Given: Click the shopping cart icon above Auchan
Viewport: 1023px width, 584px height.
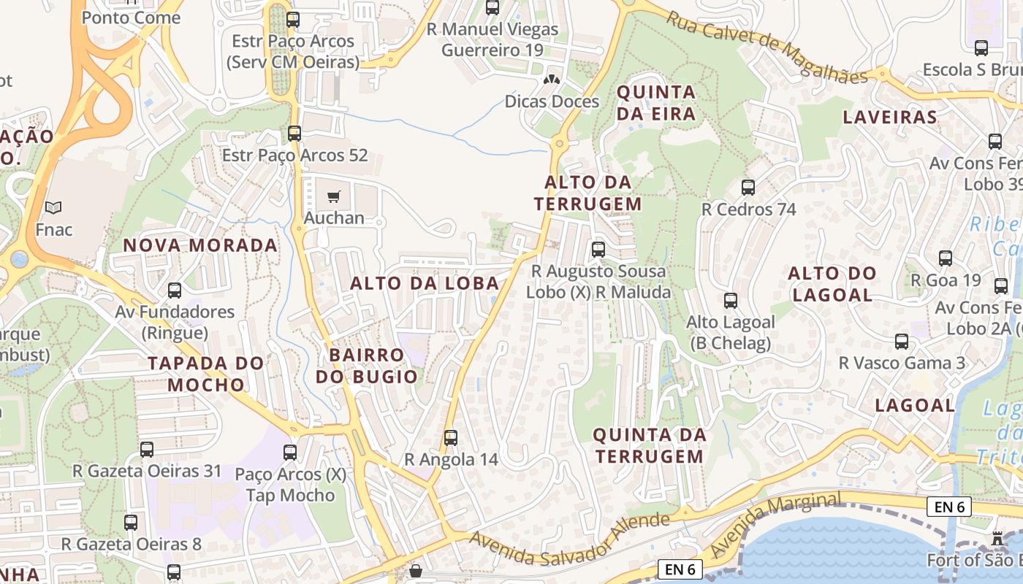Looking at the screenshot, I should [x=334, y=196].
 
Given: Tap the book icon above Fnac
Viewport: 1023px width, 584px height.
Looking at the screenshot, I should [x=53, y=207].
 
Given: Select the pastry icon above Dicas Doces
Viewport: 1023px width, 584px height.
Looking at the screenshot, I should [x=552, y=79].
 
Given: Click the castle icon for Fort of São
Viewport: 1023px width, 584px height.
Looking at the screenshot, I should [x=997, y=539].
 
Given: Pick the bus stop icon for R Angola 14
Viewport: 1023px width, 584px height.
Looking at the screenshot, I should [x=451, y=438].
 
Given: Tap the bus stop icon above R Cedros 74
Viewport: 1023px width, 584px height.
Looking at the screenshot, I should [x=748, y=188].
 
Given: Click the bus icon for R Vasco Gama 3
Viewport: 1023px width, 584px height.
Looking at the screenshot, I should [x=902, y=341].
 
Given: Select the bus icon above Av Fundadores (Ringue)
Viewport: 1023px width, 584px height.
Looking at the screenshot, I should [x=175, y=291].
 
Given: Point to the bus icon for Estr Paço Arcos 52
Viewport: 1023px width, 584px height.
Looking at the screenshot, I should [x=294, y=134].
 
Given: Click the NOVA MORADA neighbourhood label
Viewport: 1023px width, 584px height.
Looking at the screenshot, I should [x=200, y=245].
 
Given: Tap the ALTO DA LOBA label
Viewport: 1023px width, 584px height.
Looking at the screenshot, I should [x=425, y=283].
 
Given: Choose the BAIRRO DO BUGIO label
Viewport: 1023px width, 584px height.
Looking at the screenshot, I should [x=367, y=366].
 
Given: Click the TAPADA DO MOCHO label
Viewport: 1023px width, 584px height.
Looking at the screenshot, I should [x=205, y=374].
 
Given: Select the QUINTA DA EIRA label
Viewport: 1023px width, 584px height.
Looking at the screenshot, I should [x=656, y=103].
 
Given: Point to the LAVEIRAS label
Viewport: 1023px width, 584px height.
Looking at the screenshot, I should [x=890, y=117].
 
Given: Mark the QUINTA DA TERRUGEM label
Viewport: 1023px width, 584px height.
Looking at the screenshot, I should [x=649, y=445].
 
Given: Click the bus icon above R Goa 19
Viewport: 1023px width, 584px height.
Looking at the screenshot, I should [x=946, y=258].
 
